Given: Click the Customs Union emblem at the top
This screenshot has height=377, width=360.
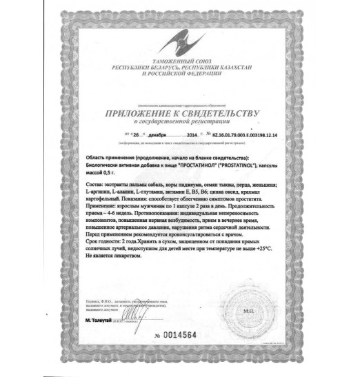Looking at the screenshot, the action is click(180, 41).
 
